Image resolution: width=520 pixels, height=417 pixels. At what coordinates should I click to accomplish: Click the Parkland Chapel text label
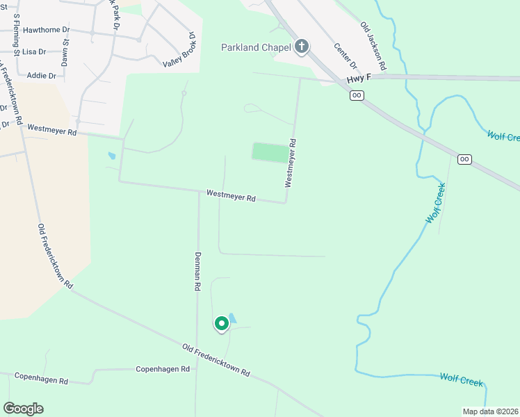pos(255,47)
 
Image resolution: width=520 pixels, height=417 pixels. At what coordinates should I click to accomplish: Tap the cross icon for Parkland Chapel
pos(301,47)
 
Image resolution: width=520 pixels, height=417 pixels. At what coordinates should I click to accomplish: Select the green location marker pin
pos(222,323)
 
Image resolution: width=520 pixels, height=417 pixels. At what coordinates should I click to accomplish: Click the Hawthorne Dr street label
pos(47,31)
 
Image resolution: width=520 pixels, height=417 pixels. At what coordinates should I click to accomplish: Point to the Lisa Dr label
pos(34,52)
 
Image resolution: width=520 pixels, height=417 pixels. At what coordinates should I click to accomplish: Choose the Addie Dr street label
pos(41,75)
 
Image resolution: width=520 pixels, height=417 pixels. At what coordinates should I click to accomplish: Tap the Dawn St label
pos(65,52)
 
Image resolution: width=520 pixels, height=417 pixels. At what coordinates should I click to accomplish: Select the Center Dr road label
pos(345,56)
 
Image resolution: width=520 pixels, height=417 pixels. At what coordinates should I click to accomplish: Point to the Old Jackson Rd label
pos(373,45)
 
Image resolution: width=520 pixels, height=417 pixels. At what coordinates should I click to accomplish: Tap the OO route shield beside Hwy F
pos(357,95)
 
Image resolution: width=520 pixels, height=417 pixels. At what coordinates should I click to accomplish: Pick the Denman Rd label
pos(198,270)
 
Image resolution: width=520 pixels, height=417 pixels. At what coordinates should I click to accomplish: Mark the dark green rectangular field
pos(269,152)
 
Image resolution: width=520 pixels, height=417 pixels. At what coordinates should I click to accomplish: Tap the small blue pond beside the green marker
pos(232,318)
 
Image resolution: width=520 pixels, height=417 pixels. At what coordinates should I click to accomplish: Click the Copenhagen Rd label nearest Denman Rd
pos(163,369)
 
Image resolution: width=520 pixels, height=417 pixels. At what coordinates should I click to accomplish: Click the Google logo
pos(24,408)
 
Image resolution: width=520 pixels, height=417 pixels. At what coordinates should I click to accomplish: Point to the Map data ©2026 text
pos(490,411)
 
